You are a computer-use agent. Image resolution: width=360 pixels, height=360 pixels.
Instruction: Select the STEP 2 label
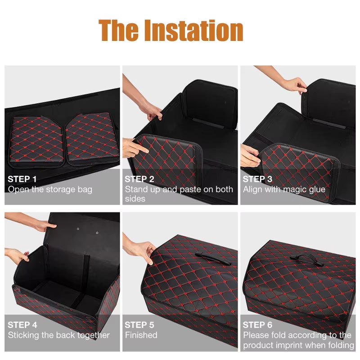point(139,179)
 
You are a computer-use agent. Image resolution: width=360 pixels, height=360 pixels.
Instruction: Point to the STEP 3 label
point(257,179)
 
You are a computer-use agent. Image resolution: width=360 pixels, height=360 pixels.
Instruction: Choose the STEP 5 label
point(139,325)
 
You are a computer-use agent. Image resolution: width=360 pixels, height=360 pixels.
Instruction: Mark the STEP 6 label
point(257,325)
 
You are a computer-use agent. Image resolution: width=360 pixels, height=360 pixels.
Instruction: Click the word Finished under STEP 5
point(141,335)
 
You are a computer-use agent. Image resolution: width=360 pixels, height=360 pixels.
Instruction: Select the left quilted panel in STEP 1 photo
point(37,139)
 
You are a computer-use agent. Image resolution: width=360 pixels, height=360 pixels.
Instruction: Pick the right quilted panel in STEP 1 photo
point(92,137)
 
